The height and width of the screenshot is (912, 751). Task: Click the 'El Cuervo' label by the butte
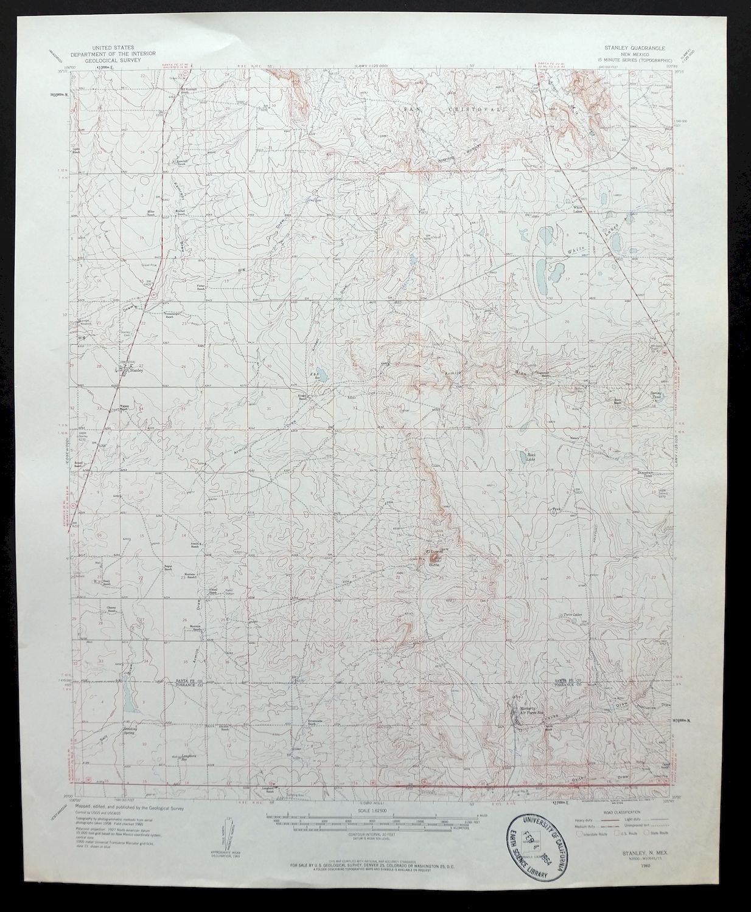(x=432, y=553)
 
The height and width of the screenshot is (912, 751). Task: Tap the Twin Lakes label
(x=573, y=615)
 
